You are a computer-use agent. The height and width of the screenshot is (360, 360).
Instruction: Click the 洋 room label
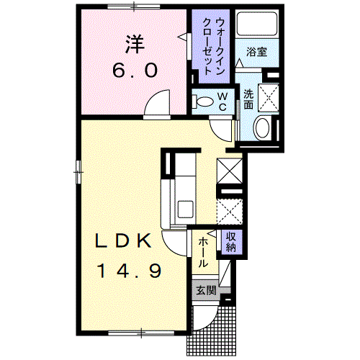click(x=135, y=45)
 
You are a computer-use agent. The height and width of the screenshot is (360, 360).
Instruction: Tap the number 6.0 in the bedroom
click(x=135, y=71)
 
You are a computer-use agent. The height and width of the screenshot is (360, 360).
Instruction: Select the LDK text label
click(x=124, y=240)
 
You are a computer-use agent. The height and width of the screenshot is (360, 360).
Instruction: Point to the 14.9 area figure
click(x=128, y=271)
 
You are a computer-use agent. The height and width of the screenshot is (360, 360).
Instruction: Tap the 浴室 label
click(x=257, y=52)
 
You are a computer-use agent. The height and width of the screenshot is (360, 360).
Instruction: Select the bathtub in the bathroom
click(x=257, y=24)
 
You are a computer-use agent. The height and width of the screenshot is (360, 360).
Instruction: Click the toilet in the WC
click(x=203, y=102)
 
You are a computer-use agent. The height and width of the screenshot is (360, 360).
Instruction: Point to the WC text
click(x=222, y=102)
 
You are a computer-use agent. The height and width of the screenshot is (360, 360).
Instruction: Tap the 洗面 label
click(x=248, y=99)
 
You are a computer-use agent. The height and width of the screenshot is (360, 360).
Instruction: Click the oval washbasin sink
click(x=262, y=127)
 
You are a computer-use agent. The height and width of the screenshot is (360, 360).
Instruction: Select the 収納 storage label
click(x=231, y=242)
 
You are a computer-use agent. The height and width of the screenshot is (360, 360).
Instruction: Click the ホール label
click(x=203, y=252)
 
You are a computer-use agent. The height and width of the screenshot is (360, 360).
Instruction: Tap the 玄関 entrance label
click(x=206, y=291)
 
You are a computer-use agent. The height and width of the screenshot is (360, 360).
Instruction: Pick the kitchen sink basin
click(x=185, y=209)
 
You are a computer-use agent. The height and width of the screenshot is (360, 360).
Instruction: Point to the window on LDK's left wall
click(x=78, y=172)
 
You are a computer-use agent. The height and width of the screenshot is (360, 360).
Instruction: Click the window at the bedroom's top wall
click(x=134, y=6)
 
